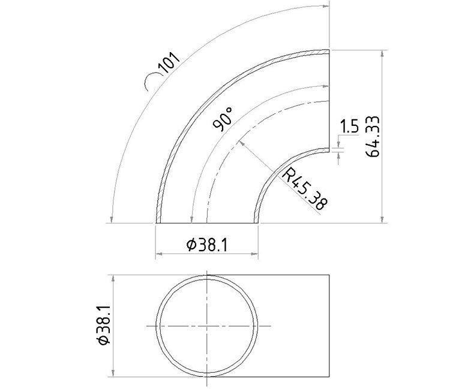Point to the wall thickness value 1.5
[x=349, y=126]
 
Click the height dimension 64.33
[x=373, y=137]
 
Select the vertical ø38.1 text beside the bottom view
[x=103, y=324]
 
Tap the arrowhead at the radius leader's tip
[x=239, y=143]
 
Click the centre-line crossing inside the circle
[x=208, y=325]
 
